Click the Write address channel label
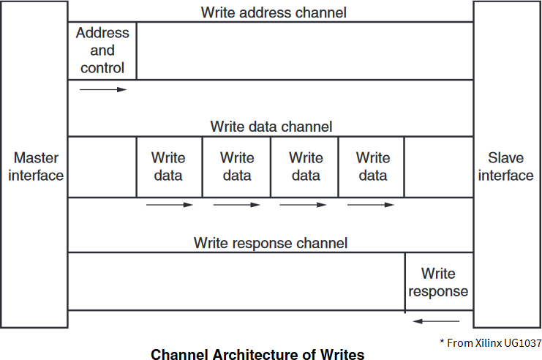[x=274, y=12]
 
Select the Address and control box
[x=102, y=50]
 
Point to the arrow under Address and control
[x=102, y=89]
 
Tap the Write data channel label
[x=271, y=127]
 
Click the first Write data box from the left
[x=169, y=167]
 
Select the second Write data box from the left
[x=236, y=167]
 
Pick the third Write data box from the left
[x=305, y=167]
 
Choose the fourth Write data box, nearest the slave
[x=372, y=167]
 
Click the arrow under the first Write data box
[x=169, y=205]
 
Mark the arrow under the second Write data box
[x=236, y=205]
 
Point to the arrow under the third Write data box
[x=304, y=205]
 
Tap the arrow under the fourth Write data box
[x=371, y=205]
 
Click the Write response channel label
[x=271, y=243]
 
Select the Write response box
[x=438, y=282]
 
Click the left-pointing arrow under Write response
[x=437, y=320]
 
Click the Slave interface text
[x=506, y=167]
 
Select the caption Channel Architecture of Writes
[x=257, y=355]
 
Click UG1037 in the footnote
[x=522, y=342]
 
